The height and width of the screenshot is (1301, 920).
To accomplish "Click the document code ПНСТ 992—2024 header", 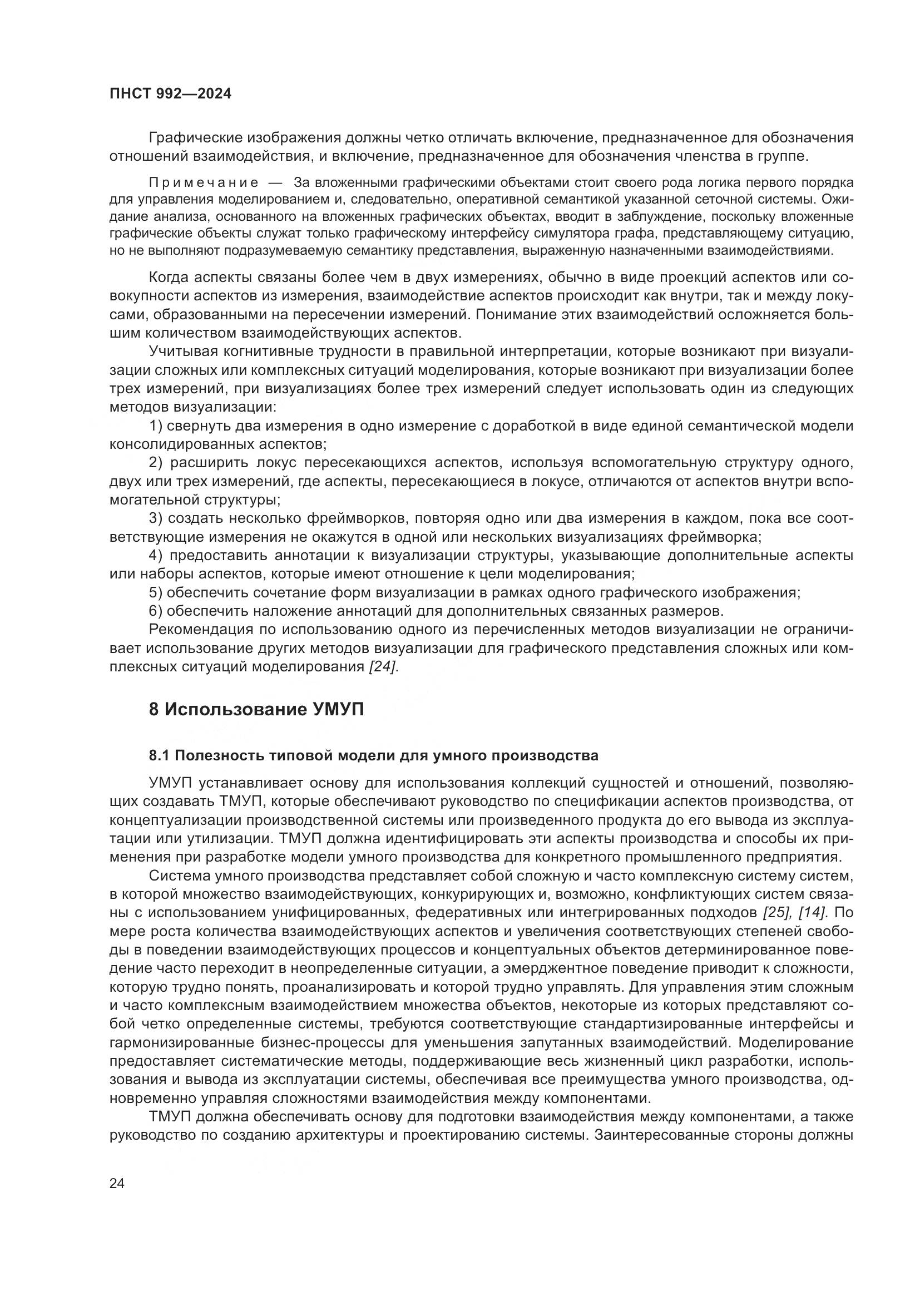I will [171, 94].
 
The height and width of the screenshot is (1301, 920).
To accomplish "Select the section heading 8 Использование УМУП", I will [256, 709].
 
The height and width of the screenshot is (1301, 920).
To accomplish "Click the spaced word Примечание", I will [204, 182].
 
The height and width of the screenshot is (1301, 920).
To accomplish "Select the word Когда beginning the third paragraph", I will [167, 278].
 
